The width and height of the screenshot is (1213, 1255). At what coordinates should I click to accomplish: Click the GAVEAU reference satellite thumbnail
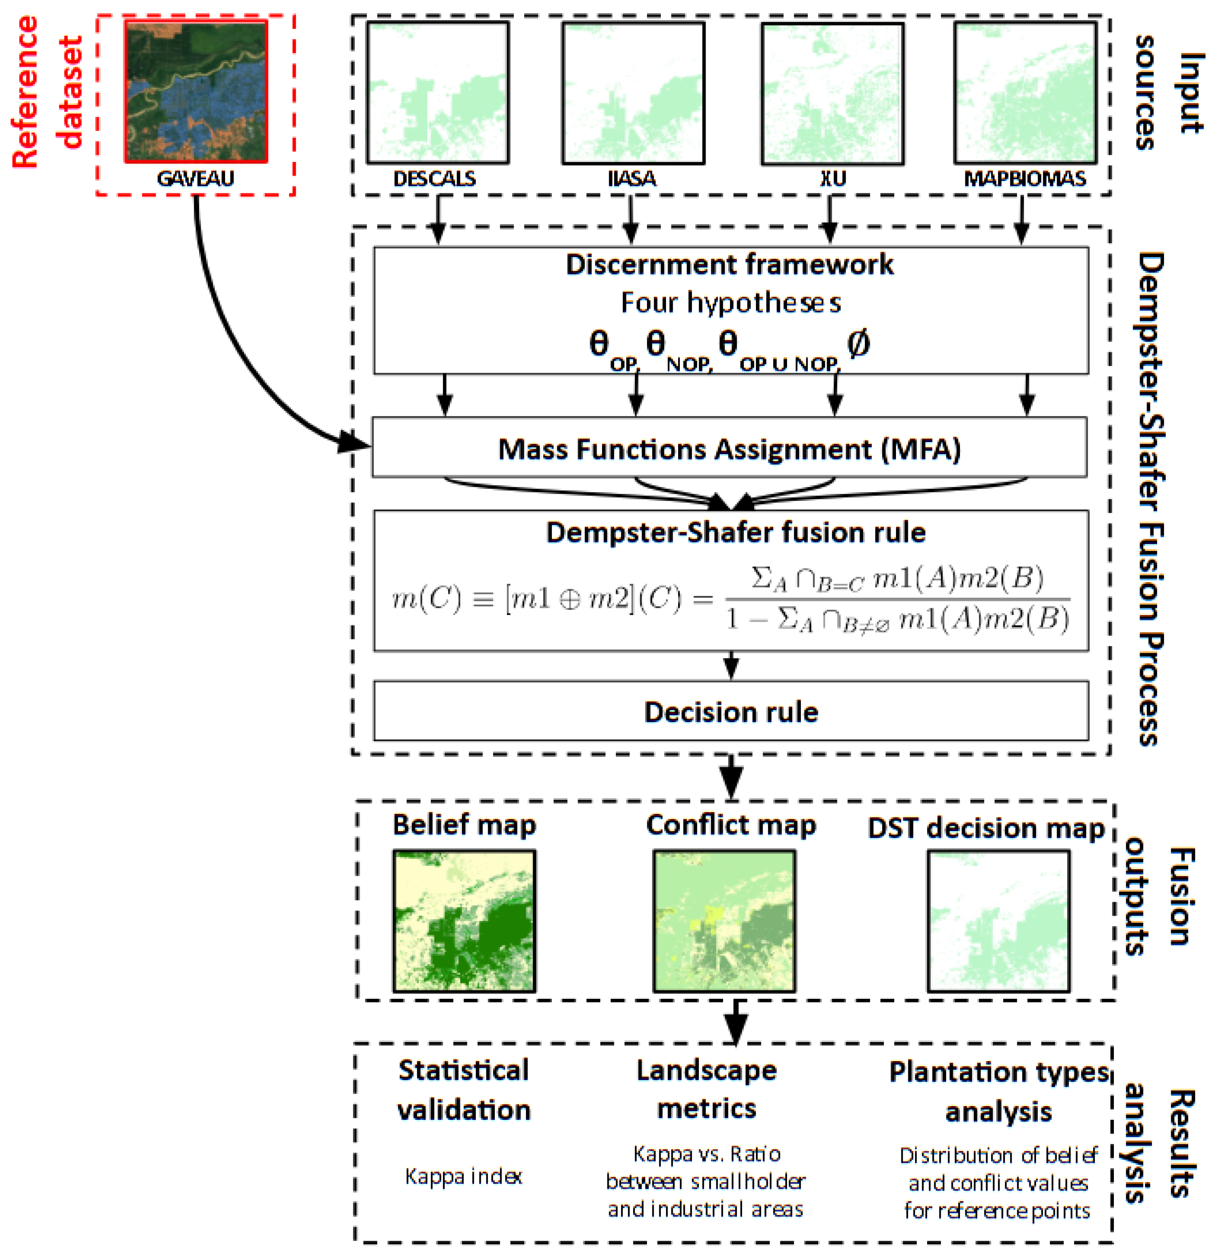(x=196, y=92)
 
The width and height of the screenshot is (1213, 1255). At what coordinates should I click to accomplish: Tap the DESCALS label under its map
(x=434, y=179)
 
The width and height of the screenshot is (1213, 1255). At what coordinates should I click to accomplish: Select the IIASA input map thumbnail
(x=633, y=93)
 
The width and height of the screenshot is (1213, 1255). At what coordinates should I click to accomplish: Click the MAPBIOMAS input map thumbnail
(x=1025, y=93)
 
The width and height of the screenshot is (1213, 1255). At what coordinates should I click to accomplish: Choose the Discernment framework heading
(x=729, y=265)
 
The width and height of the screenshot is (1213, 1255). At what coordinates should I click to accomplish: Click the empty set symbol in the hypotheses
(x=858, y=344)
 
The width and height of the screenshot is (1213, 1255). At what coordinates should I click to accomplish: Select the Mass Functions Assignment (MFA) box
(x=729, y=448)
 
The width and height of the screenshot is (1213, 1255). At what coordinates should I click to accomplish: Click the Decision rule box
(x=731, y=712)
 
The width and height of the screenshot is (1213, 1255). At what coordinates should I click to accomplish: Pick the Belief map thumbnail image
(x=464, y=921)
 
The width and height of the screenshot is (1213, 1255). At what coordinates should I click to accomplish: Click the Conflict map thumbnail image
(x=724, y=921)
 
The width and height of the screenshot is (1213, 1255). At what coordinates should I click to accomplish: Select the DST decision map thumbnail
(x=998, y=921)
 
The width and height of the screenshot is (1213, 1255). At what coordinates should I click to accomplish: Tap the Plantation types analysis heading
(x=998, y=1092)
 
